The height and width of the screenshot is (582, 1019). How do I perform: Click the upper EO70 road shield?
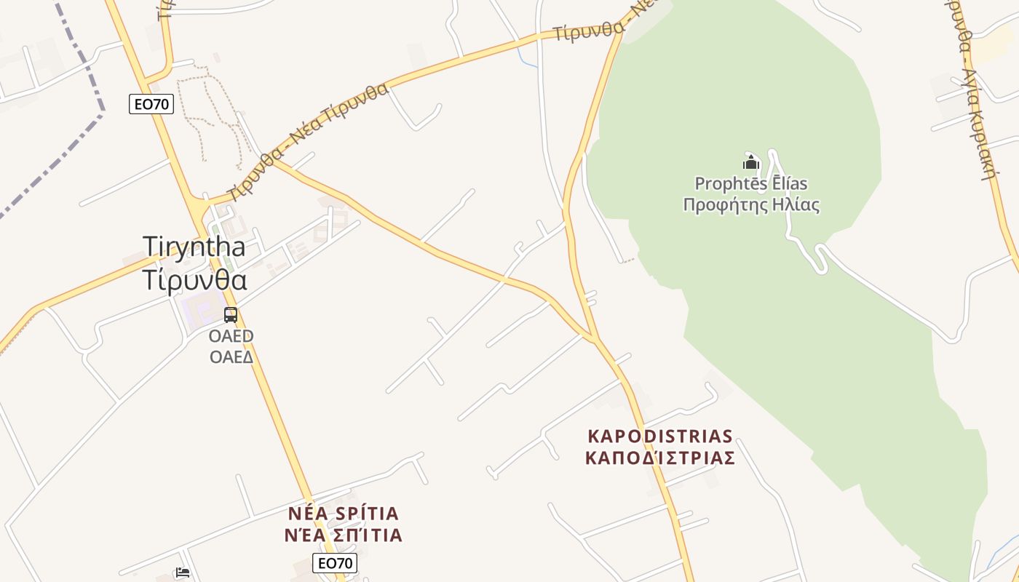tap(151, 104)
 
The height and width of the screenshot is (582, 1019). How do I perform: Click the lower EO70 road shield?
tap(335, 562)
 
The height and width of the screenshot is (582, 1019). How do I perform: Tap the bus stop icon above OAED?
tap(231, 315)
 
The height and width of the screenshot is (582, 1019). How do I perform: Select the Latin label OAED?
tap(231, 336)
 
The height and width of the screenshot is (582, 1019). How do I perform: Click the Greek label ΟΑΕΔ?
tap(231, 356)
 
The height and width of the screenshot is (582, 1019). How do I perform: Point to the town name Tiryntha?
tap(194, 246)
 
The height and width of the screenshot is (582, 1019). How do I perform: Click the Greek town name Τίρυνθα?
tap(195, 280)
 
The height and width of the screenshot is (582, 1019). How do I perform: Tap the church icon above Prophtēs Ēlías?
tap(751, 162)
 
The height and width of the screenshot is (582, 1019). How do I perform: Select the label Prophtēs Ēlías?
tap(751, 183)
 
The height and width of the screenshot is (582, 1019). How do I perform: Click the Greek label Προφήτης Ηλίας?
tap(751, 204)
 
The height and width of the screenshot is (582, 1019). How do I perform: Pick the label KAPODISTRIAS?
tap(660, 436)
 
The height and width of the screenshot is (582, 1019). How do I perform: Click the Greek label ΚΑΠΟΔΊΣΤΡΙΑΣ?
tap(660, 458)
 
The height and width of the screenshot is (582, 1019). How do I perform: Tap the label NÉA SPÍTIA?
tap(344, 514)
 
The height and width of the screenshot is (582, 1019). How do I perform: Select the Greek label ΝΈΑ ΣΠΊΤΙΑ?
tap(344, 535)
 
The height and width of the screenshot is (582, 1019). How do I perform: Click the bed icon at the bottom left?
tap(183, 573)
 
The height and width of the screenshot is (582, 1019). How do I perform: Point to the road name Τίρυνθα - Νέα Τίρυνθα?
tap(307, 142)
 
